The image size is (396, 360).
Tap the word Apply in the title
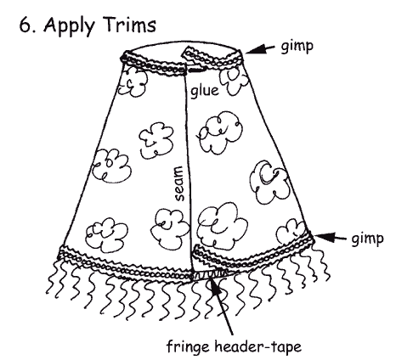pos(69,26)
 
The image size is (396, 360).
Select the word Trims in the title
pos(130,24)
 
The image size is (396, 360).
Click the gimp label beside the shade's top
pos(297,47)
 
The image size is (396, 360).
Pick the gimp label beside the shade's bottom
pos(367,239)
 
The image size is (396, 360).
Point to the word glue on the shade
pos(205,91)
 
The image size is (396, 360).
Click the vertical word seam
pos(179,183)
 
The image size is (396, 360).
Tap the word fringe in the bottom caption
pos(189,346)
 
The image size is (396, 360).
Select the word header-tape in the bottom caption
pos(257,346)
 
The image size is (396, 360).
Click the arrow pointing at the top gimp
pos(260,50)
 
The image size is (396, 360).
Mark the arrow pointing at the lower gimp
pos(330,237)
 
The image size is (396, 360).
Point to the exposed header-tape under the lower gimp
pos(210,274)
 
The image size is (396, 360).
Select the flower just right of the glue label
pos(234,81)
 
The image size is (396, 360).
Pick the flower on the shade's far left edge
pos(111,166)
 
